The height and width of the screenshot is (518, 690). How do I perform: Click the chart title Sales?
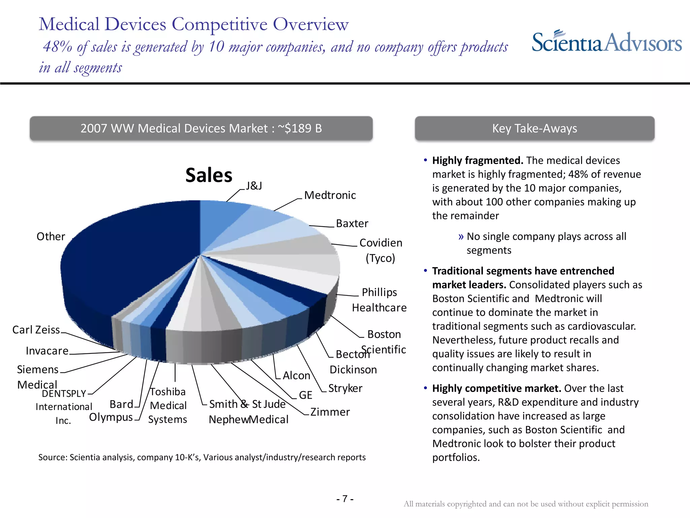209,175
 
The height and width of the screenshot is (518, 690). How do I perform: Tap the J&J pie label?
254,186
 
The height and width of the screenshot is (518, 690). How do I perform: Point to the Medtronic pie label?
330,195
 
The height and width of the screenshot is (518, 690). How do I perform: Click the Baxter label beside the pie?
352,224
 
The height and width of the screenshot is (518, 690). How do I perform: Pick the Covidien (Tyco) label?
381,250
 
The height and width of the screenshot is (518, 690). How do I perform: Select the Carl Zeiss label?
36,330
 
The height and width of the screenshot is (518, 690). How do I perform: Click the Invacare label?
47,351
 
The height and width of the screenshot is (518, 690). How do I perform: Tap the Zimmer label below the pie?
330,412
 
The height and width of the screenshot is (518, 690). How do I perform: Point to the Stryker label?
345,388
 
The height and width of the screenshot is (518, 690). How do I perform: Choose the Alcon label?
296,376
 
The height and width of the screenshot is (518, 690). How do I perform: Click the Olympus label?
111,418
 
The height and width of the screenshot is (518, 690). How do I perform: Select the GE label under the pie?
306,395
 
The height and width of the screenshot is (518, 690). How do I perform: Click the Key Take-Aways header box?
534,128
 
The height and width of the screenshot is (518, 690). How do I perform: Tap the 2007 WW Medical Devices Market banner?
201,128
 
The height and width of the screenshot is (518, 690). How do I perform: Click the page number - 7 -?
345,499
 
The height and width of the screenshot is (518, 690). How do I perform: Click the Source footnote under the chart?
202,457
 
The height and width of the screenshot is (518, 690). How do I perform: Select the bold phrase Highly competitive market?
497,388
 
